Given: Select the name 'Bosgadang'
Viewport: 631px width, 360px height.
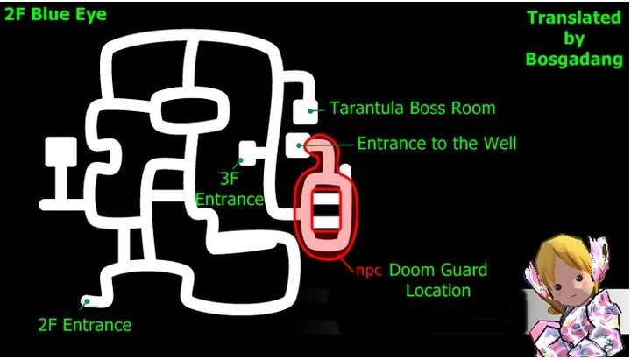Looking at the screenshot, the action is pos(574,60).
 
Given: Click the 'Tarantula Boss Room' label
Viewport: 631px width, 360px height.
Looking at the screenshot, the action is pos(412,109).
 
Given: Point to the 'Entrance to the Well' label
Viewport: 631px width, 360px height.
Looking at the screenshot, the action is pos(436,143).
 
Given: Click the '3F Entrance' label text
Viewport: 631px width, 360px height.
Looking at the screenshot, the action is pos(230,189).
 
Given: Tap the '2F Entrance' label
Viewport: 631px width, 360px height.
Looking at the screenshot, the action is pos(84,325).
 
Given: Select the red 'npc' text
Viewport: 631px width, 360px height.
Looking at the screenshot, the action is pos(367,270).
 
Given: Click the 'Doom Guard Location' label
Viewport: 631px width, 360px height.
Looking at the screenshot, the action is pos(437,279).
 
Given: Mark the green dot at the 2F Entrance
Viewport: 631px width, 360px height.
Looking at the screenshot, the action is pos(86,302).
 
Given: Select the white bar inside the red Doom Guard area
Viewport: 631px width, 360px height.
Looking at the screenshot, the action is pos(324,210).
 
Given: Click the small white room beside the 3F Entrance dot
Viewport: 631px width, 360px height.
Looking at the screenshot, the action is pos(250,152).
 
